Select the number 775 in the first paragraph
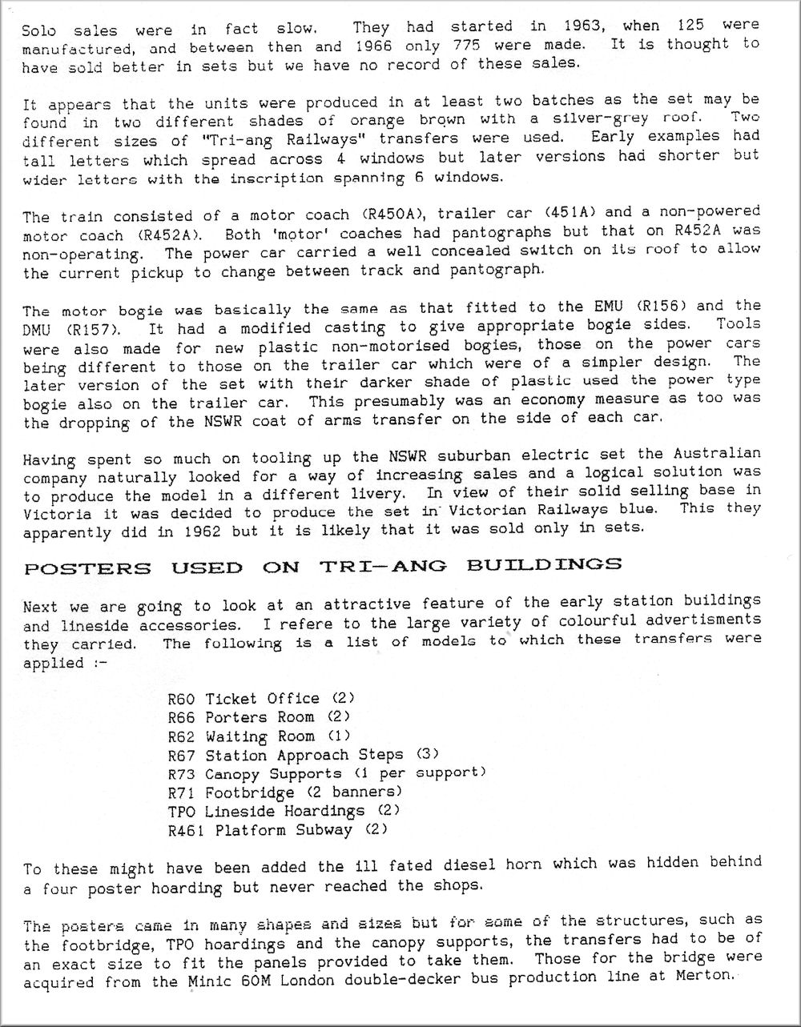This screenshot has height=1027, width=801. click(465, 46)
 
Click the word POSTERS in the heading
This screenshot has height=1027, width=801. click(88, 568)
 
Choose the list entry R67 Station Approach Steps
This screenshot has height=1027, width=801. click(303, 755)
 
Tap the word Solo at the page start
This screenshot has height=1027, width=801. click(39, 31)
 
